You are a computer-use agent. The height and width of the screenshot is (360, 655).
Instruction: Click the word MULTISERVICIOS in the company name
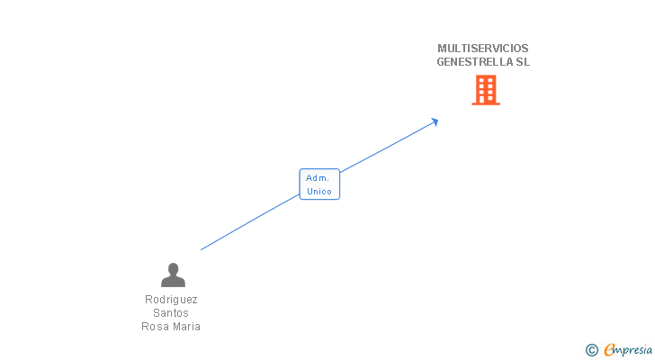(482, 48)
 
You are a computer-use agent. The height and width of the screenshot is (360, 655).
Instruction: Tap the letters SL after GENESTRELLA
(523, 62)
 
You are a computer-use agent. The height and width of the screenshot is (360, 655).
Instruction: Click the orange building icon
(486, 90)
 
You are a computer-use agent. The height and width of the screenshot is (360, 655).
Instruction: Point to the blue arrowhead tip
(437, 120)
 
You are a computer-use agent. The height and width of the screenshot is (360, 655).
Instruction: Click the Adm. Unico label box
(319, 184)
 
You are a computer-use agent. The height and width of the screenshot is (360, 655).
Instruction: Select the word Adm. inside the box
(318, 177)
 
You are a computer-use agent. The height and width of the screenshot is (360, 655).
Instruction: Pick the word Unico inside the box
(319, 191)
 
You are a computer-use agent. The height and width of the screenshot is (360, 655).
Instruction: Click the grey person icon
(173, 275)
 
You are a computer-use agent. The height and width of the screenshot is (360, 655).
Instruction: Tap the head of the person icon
(173, 268)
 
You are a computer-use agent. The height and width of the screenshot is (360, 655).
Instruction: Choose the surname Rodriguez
(171, 300)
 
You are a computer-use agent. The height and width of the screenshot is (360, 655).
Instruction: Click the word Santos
(171, 313)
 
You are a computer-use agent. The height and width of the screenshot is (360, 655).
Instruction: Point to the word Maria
(186, 327)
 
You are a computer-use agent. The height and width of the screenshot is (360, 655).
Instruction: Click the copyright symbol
(592, 350)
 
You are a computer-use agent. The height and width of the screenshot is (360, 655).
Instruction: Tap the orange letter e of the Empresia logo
(609, 350)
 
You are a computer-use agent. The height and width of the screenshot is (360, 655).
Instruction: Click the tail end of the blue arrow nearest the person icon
(202, 249)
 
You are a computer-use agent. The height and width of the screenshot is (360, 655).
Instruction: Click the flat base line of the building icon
(486, 103)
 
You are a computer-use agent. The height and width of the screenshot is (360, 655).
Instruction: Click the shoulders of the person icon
(173, 282)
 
